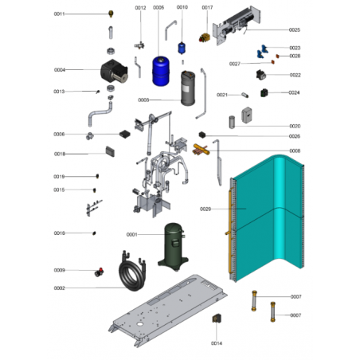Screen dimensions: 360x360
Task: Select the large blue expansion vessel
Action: click(x=161, y=71)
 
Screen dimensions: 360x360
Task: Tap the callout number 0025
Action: click(x=295, y=30)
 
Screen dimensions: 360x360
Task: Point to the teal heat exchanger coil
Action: click(x=267, y=217)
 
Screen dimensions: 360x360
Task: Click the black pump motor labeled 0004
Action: click(x=114, y=70)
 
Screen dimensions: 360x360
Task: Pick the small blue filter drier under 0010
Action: click(x=182, y=48)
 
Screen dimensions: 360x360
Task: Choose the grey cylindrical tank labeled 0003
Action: click(x=188, y=88)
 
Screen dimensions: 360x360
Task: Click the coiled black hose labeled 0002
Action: click(x=133, y=272)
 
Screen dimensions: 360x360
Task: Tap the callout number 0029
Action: click(x=205, y=209)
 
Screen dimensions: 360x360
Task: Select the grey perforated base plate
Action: click(x=168, y=309)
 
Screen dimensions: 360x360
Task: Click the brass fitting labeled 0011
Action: click(x=111, y=14)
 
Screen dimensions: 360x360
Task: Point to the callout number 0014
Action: click(x=217, y=343)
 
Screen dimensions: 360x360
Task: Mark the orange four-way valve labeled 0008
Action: click(x=201, y=150)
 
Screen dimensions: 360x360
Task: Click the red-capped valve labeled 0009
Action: click(x=100, y=272)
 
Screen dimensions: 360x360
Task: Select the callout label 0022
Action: click(x=295, y=75)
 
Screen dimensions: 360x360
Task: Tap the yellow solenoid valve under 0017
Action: click(x=205, y=37)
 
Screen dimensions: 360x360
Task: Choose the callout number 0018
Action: click(x=60, y=154)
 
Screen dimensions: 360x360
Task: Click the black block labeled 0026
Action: click(x=202, y=135)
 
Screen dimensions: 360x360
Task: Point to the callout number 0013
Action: click(x=59, y=92)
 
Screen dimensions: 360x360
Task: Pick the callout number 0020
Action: click(x=295, y=126)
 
